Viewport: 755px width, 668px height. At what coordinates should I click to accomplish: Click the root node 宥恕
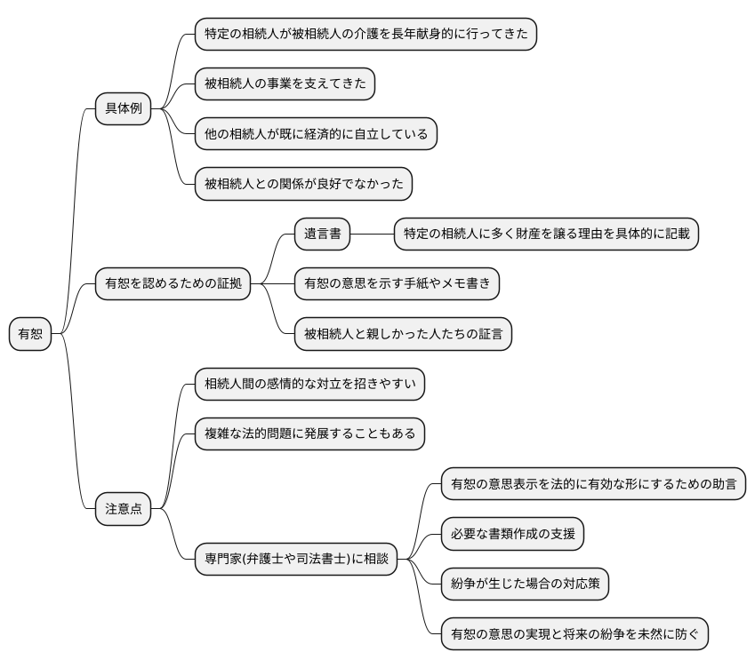(30, 334)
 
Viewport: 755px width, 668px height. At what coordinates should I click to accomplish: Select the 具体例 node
(123, 109)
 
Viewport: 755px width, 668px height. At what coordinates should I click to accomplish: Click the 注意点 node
(123, 509)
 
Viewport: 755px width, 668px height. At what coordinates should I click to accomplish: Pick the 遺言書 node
(322, 235)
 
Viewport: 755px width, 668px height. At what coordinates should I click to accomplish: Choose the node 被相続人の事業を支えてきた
(285, 84)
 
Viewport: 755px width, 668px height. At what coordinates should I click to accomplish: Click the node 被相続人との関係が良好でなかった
(303, 184)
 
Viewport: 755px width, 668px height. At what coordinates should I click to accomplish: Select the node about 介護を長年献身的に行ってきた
(365, 35)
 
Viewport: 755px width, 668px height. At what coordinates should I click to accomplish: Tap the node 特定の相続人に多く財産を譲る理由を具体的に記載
(546, 235)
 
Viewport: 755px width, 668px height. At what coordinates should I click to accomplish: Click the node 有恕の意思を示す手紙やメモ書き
(397, 284)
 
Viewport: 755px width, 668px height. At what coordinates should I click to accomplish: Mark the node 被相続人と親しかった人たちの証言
(403, 334)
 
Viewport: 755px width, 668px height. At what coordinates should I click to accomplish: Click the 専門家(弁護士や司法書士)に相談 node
(296, 559)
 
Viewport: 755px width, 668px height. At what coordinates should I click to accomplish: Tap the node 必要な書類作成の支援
(513, 534)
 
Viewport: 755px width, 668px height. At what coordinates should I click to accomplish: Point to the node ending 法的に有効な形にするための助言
(593, 484)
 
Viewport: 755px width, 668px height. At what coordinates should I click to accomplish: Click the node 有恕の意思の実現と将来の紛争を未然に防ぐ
(574, 633)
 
